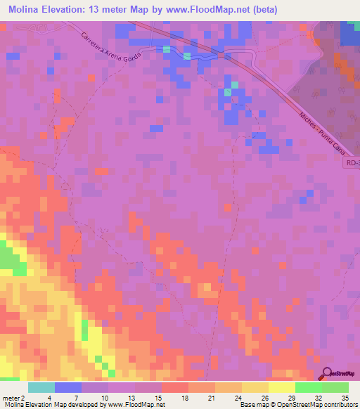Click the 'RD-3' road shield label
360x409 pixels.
pos(352,162)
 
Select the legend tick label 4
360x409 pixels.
pos(49,398)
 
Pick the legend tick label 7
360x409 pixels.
pos(76,398)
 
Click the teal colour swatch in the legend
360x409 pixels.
pos(41,387)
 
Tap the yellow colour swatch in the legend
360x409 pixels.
pos(282,387)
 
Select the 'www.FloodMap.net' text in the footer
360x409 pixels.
pos(136,405)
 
